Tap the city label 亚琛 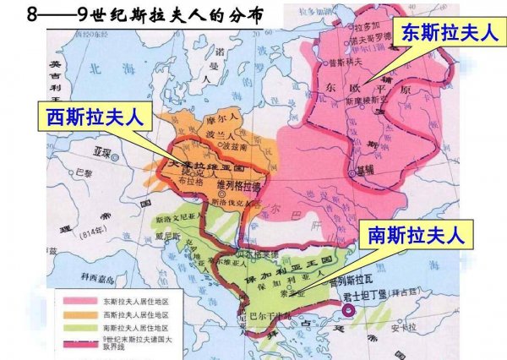pos(103,153)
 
